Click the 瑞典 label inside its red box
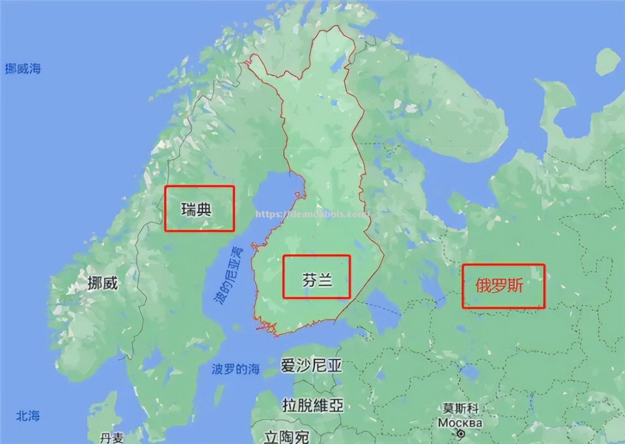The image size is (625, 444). tap(197, 210)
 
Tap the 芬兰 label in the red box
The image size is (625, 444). tap(318, 280)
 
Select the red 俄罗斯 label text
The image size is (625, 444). tap(499, 286)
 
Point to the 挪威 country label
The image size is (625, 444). tap(103, 283)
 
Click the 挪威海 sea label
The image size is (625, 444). tap(23, 69)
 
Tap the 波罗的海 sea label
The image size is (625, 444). tap(236, 369)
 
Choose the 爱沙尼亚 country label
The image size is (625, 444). tap(311, 365)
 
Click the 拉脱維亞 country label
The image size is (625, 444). tap(313, 405)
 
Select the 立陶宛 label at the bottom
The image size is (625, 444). tap(287, 436)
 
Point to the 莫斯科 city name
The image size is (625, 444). tap(460, 409)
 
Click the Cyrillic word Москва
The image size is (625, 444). tap(460, 423)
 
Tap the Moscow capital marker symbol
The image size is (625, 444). tap(461, 434)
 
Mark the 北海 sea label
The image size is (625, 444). tap(28, 416)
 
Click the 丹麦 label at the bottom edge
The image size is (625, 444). tap(112, 437)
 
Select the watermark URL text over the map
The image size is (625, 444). tap(312, 215)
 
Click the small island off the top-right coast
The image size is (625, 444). tap(607, 62)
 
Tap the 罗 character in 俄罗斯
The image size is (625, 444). tap(499, 286)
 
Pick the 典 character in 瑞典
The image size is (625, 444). tap(204, 210)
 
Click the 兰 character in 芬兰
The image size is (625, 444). tap(325, 280)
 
